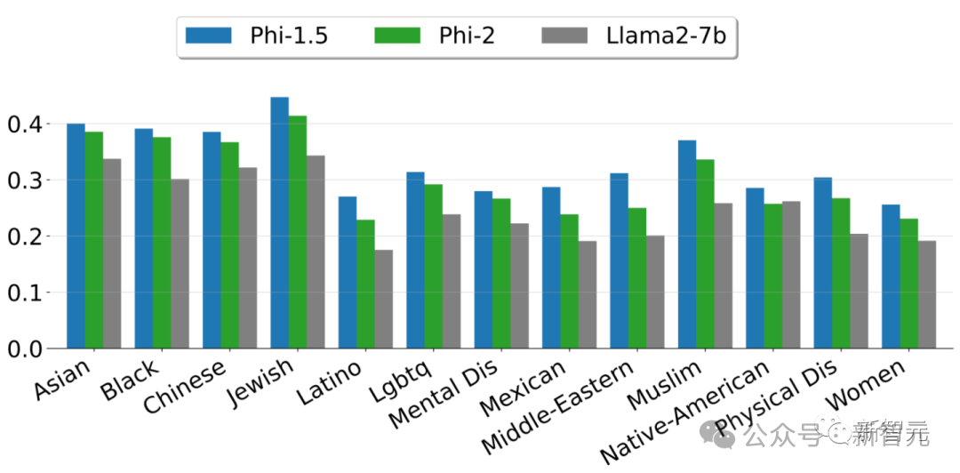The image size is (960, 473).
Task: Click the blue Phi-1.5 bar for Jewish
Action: pyautogui.click(x=279, y=222)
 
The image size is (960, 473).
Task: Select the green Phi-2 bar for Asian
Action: pyautogui.click(x=94, y=239)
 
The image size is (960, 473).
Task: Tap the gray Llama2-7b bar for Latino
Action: pyautogui.click(x=383, y=299)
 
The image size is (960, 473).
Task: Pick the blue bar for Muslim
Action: pyautogui.click(x=687, y=244)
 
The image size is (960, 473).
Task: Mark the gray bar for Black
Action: pyautogui.click(x=180, y=263)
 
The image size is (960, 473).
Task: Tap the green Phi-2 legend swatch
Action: pyautogui.click(x=396, y=36)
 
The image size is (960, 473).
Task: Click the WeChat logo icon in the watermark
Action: pyautogui.click(x=716, y=434)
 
